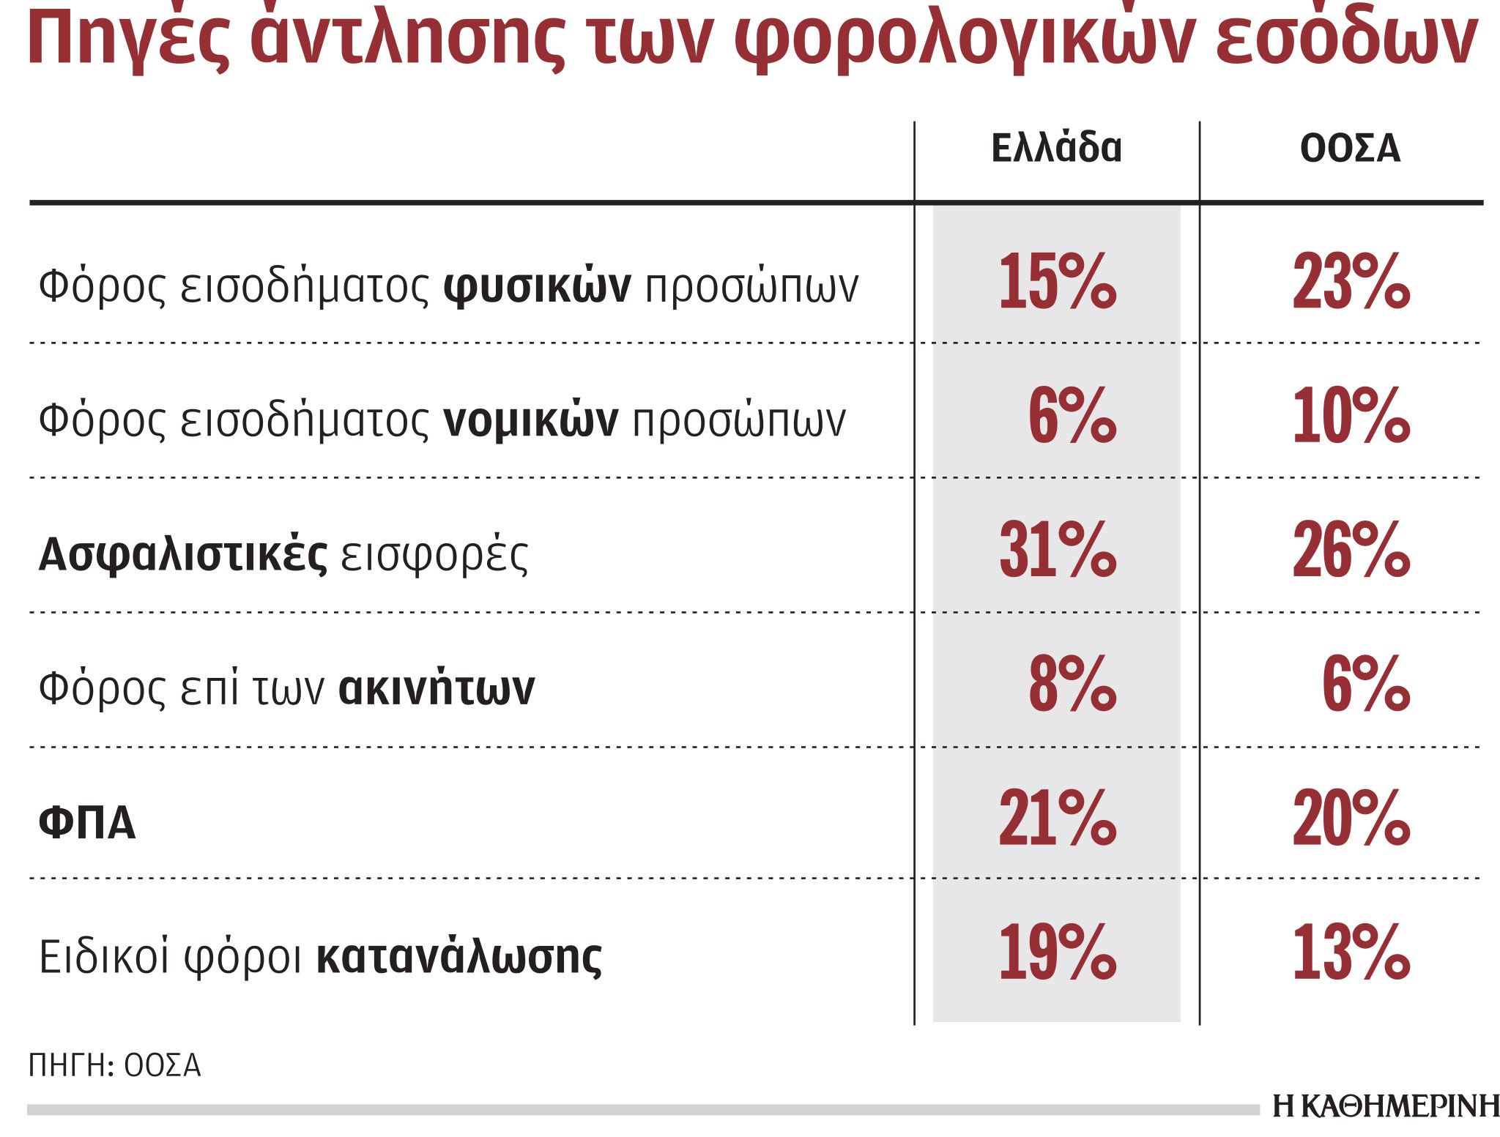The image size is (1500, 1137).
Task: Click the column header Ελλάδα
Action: pyautogui.click(x=1056, y=149)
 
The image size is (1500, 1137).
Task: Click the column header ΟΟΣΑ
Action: pyautogui.click(x=1350, y=149)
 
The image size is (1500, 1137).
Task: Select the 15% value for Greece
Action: pyautogui.click(x=1058, y=281)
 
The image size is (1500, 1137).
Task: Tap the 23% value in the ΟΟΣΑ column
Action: pyautogui.click(x=1351, y=281)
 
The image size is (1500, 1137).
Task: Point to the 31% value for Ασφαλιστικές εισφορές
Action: pyautogui.click(x=1058, y=551)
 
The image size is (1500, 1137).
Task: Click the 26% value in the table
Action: pyautogui.click(x=1351, y=551)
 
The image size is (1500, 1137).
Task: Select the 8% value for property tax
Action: pyautogui.click(x=1072, y=685)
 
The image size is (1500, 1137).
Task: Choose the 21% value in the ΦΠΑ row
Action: pyautogui.click(x=1058, y=819)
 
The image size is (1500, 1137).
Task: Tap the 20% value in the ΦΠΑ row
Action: pyautogui.click(x=1351, y=819)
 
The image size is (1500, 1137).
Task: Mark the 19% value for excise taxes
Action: pyautogui.click(x=1058, y=953)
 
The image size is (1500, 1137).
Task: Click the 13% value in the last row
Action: pyautogui.click(x=1351, y=953)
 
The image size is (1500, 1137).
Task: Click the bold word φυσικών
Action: pyautogui.click(x=537, y=286)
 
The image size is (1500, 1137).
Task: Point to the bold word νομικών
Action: pyautogui.click(x=531, y=421)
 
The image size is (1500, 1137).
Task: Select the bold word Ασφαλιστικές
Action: pyautogui.click(x=183, y=555)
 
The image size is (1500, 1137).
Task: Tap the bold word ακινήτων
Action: pyautogui.click(x=437, y=689)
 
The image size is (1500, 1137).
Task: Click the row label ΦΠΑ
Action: pyautogui.click(x=87, y=823)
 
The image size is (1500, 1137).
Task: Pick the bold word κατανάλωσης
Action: pyautogui.click(x=459, y=958)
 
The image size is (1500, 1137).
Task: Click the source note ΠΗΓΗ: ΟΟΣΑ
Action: pyautogui.click(x=114, y=1066)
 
